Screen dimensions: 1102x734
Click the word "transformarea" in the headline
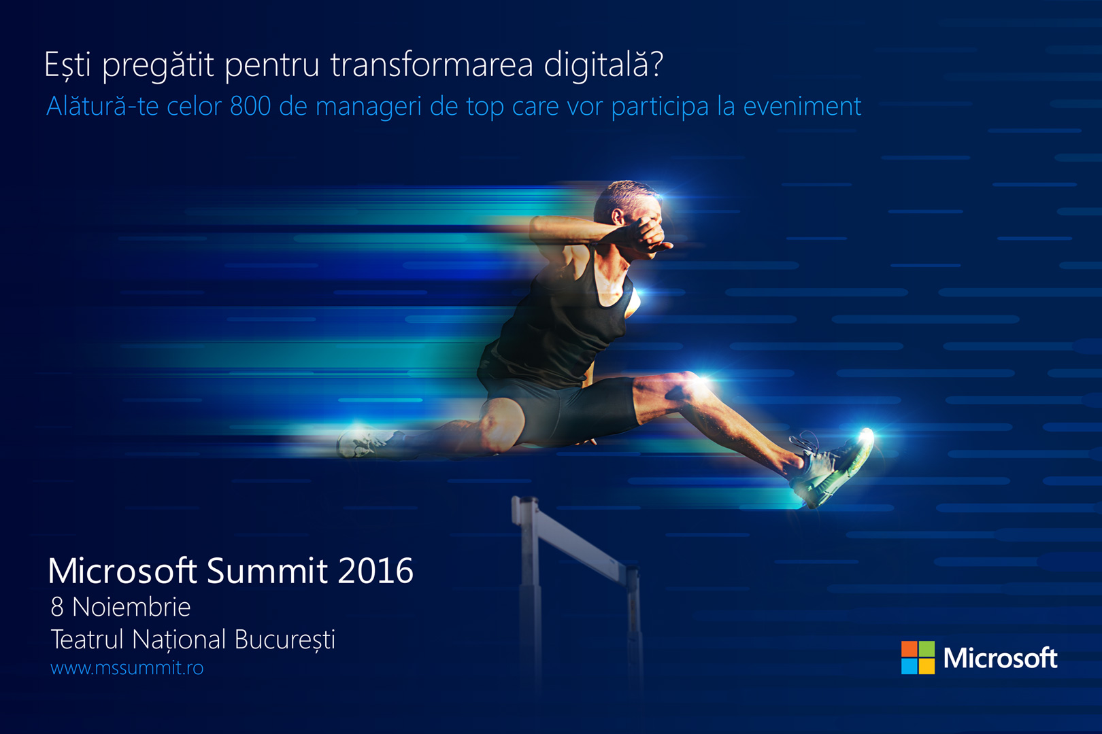(431, 65)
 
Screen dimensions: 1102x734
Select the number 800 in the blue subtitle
(250, 106)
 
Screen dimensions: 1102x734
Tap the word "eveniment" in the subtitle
(802, 106)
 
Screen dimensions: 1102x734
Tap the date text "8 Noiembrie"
(120, 607)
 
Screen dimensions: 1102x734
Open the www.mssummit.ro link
(127, 667)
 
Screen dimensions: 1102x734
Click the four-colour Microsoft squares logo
(918, 657)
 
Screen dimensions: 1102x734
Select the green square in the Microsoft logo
(927, 648)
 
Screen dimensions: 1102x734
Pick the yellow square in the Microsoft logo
(927, 666)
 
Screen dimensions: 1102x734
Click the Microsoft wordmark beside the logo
(1000, 658)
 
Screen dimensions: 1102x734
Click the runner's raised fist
(647, 235)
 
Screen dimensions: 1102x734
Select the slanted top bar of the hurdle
(575, 541)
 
